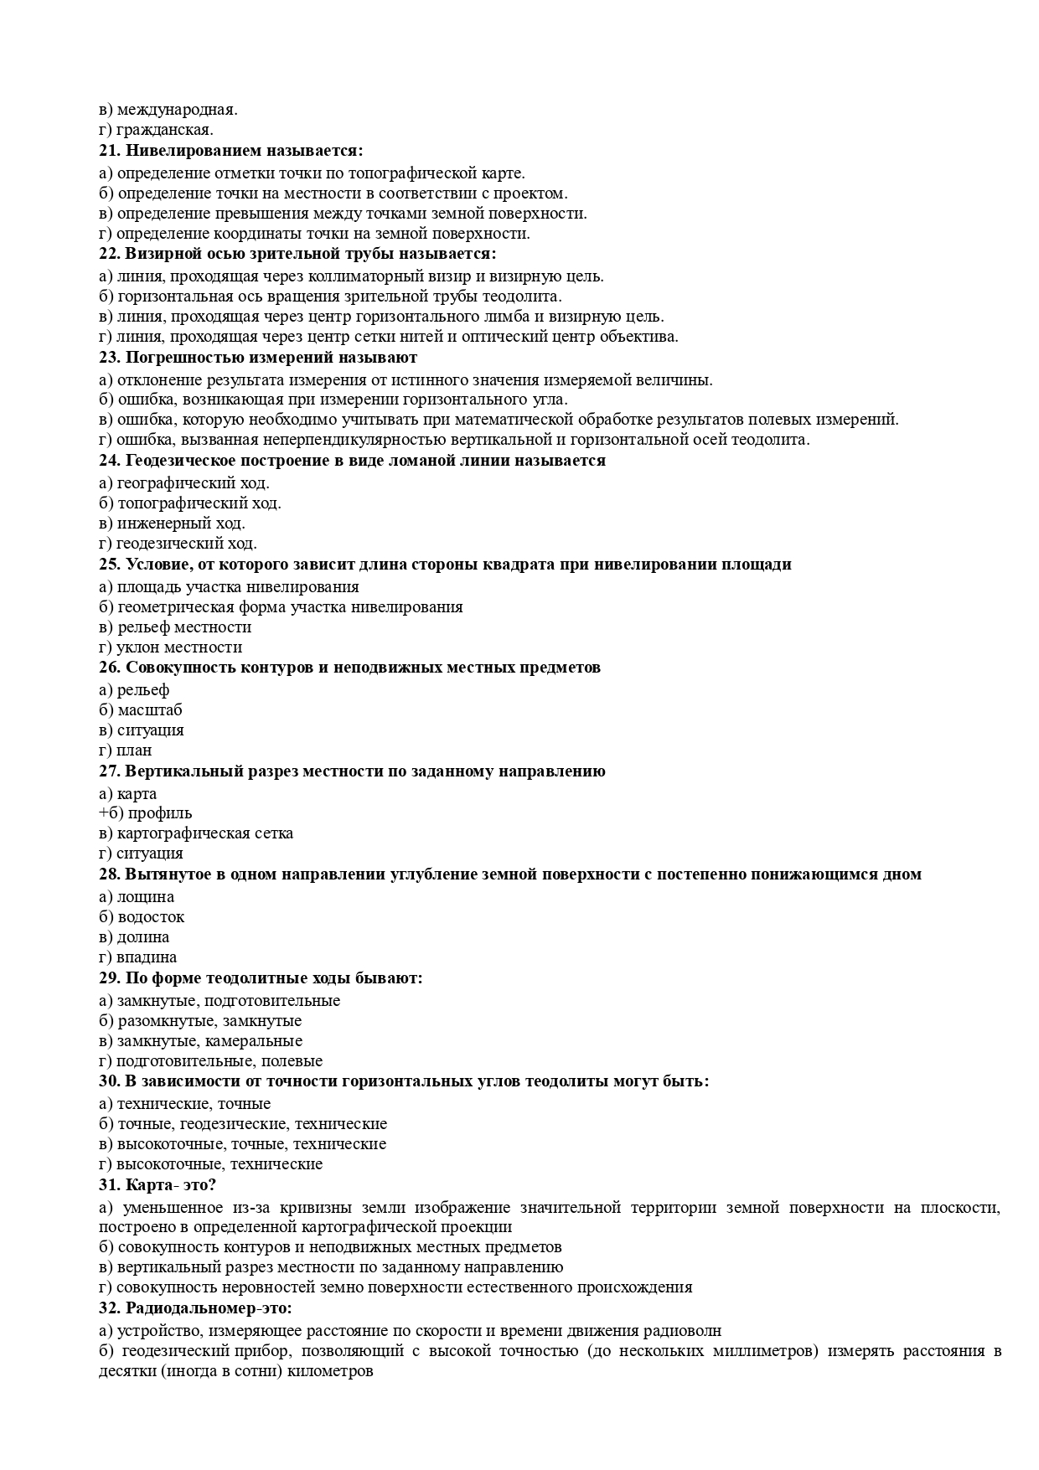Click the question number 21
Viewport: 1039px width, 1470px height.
coord(110,151)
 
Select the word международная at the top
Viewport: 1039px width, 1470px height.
coord(177,110)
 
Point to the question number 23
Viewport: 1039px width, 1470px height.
coord(110,358)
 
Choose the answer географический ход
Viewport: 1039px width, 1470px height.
coord(193,483)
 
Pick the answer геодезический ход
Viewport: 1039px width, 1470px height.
coord(186,544)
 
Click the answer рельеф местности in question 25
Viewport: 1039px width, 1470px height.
coord(184,627)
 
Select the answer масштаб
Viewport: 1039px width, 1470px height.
coord(149,710)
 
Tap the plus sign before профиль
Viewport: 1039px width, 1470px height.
coord(103,813)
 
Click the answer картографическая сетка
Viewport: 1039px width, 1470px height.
coord(204,833)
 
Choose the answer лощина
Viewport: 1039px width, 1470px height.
coord(145,897)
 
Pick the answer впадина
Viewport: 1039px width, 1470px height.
coord(147,957)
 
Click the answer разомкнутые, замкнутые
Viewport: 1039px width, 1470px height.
coord(209,1021)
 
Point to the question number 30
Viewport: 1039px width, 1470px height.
coord(110,1081)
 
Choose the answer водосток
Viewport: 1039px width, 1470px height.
coord(151,917)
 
